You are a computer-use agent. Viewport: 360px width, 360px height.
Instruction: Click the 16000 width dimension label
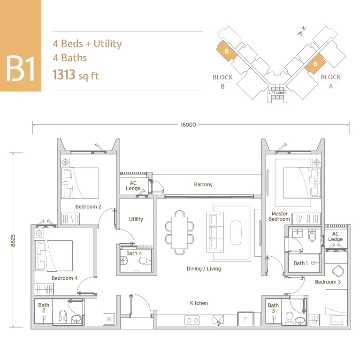[188, 125]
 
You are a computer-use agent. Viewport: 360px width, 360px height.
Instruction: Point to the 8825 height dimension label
[13, 240]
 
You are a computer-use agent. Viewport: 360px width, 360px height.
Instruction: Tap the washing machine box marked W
[109, 319]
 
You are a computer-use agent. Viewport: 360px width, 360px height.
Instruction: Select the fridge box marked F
[245, 319]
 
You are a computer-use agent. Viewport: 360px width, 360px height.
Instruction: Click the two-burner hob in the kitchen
[192, 320]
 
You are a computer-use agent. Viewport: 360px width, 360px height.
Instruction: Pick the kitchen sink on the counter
[218, 320]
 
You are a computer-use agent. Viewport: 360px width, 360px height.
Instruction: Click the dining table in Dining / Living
[180, 233]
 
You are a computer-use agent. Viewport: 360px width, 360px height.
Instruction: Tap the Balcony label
[203, 184]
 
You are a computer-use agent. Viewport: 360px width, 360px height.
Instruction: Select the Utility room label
[136, 219]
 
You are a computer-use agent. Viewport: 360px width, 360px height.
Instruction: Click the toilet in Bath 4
[144, 261]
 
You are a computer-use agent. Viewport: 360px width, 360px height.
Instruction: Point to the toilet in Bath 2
[62, 317]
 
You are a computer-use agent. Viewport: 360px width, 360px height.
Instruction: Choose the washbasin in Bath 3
[300, 321]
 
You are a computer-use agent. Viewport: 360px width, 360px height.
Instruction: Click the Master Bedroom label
[279, 216]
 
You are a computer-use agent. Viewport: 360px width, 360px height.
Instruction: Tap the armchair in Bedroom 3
[338, 271]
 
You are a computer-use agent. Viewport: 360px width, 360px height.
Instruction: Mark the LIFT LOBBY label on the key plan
[277, 93]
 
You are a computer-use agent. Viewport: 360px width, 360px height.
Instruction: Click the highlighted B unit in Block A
[315, 63]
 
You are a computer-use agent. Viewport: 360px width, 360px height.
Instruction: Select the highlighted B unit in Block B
[227, 51]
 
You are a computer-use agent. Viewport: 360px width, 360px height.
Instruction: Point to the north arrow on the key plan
[302, 32]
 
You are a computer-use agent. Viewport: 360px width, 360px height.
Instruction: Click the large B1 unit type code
[21, 69]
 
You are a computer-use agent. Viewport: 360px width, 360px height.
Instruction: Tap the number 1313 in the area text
[64, 75]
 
